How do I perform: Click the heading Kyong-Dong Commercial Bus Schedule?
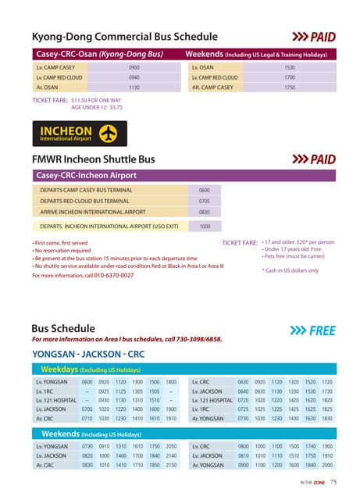pos(125,37)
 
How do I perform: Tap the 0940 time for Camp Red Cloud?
pos(134,78)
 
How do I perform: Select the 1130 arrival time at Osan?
pos(134,87)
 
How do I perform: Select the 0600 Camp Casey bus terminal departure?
pos(205,190)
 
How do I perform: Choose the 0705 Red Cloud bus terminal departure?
pos(205,201)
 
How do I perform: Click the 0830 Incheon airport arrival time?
pos(205,212)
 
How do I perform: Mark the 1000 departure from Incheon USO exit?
pos(205,227)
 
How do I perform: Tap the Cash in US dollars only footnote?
pos(290,270)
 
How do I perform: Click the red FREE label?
pos(322,330)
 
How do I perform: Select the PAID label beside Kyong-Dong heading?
pos(322,37)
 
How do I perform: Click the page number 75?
pos(333,482)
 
